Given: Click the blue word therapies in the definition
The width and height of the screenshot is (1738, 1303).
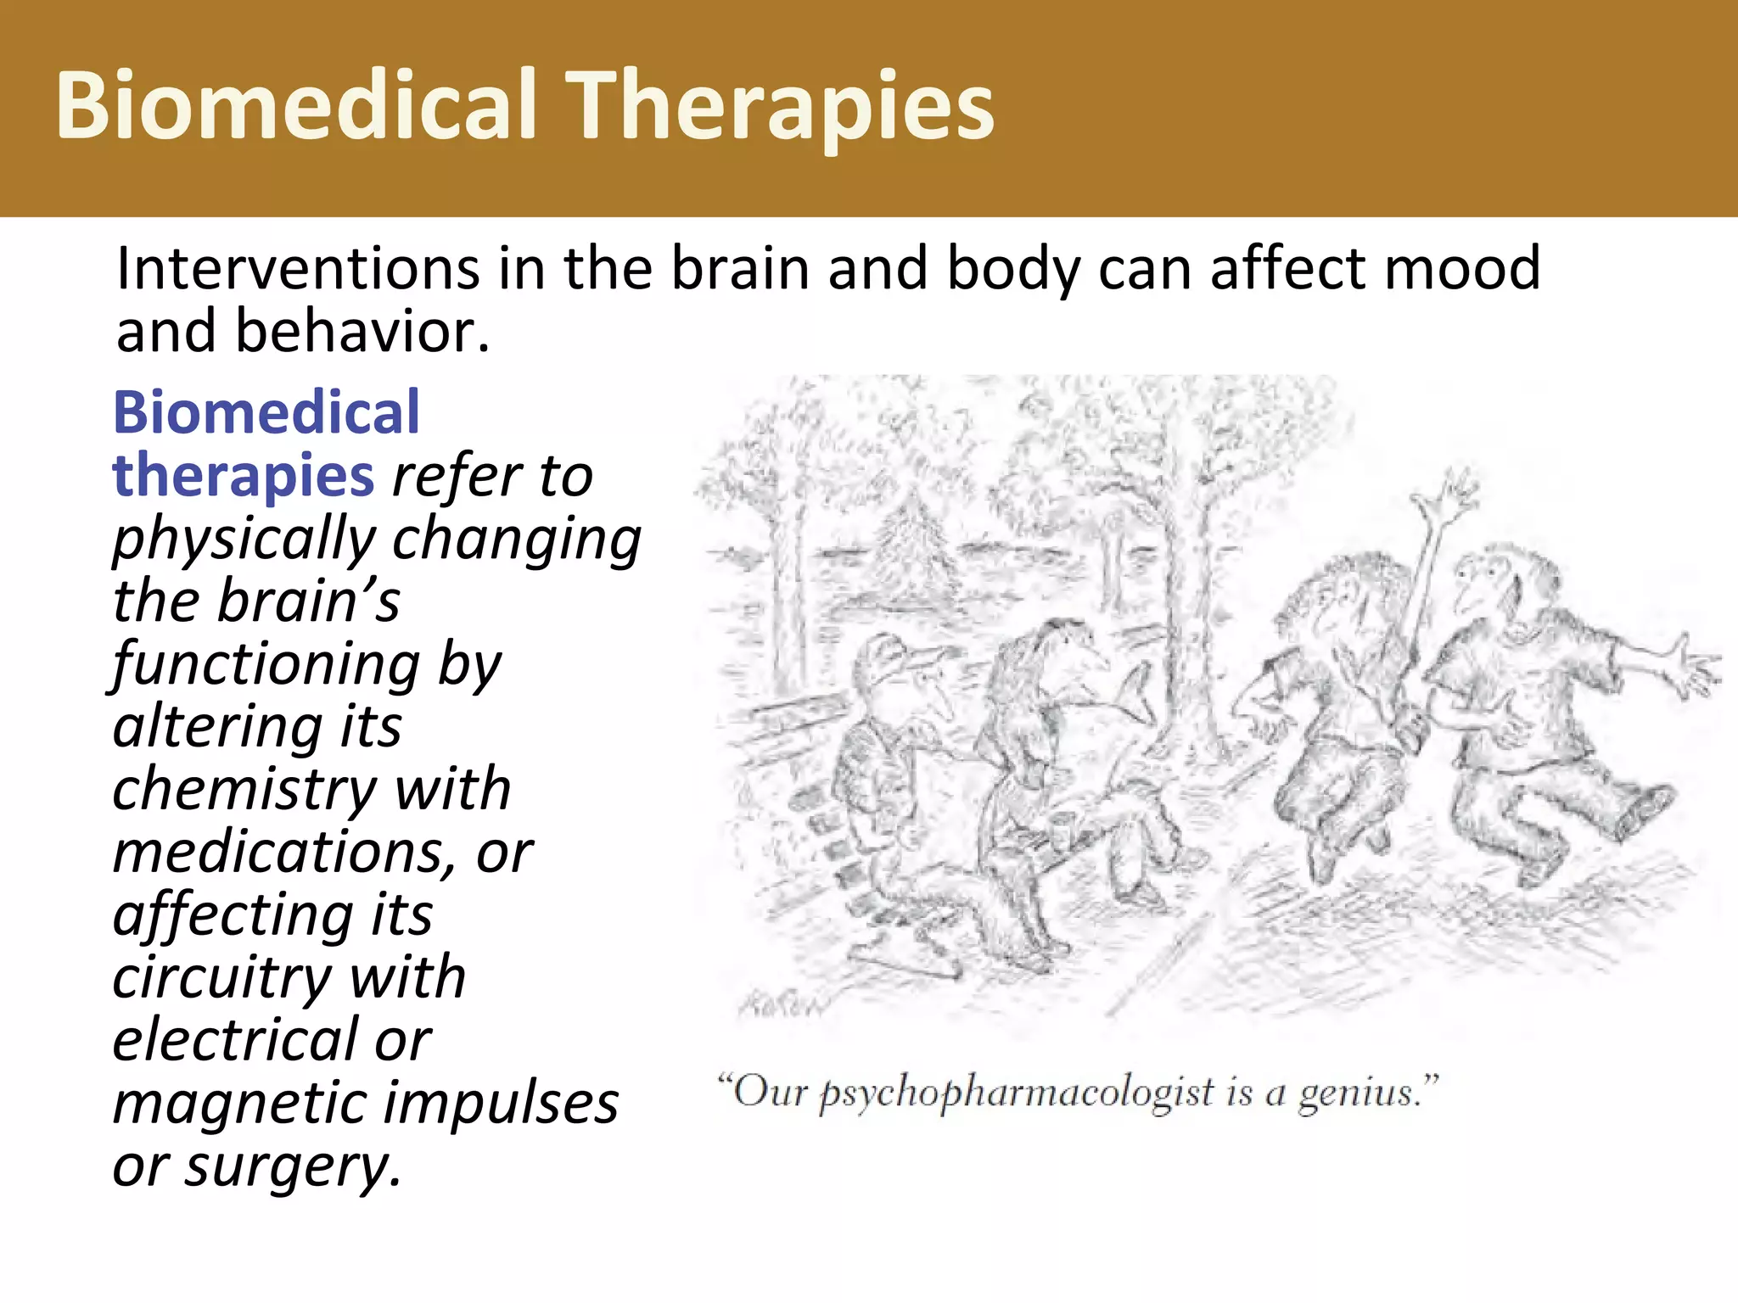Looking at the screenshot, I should (x=244, y=476).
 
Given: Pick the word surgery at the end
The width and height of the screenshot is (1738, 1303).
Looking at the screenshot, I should (x=294, y=1167).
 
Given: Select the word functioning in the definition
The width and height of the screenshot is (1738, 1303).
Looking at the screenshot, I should (x=267, y=664).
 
